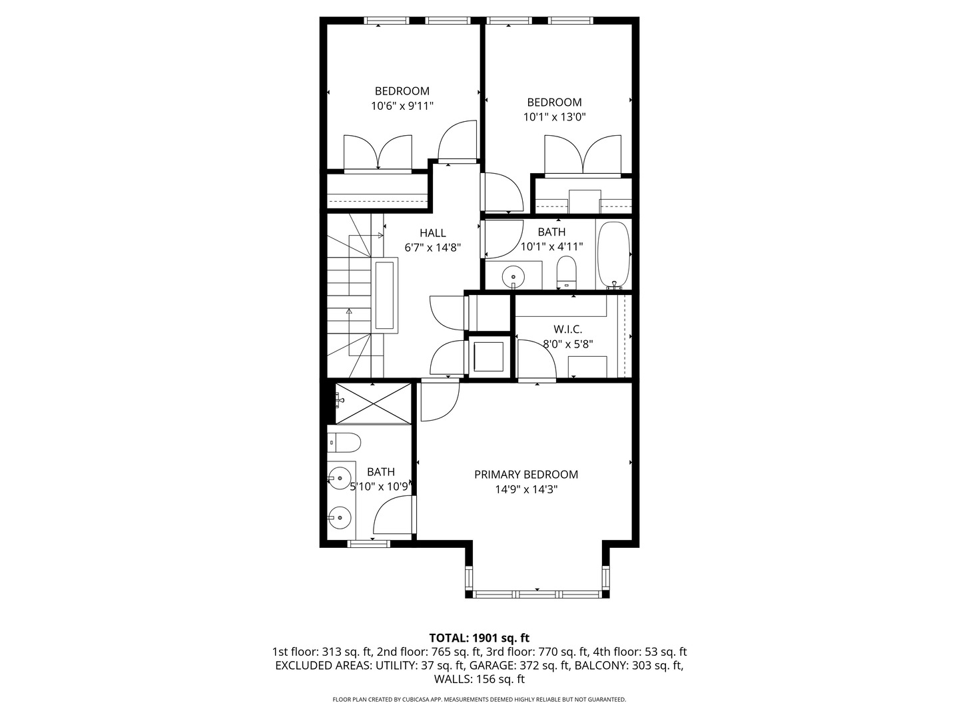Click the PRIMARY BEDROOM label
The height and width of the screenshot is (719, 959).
click(x=525, y=475)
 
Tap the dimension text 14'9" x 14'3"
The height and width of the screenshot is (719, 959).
click(x=525, y=489)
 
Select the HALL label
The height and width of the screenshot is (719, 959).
click(x=432, y=233)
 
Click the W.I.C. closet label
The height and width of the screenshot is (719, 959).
click(x=567, y=330)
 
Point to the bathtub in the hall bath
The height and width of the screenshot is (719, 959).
click(x=613, y=255)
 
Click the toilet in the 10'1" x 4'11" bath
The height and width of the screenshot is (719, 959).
click(x=566, y=272)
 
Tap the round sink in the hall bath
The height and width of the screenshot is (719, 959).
click(x=513, y=274)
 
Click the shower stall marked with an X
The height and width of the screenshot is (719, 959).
click(x=372, y=403)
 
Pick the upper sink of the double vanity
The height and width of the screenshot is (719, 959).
click(x=340, y=477)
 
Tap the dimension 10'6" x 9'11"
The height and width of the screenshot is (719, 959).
click(x=402, y=106)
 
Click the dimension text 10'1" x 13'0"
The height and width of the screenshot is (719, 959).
click(x=554, y=117)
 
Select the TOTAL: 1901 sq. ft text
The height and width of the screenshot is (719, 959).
click(x=479, y=638)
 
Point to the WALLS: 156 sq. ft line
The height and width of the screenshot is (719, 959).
click(x=479, y=680)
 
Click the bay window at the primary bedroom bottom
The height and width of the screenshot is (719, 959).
click(x=537, y=593)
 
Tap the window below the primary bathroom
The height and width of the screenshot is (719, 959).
click(x=368, y=544)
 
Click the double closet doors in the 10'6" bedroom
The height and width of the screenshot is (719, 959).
click(x=378, y=153)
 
